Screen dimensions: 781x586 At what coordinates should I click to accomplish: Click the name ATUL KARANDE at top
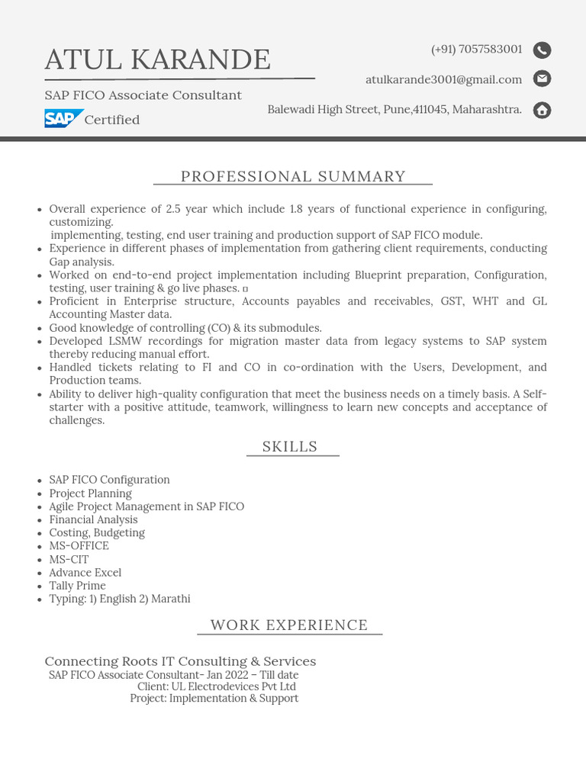(157, 59)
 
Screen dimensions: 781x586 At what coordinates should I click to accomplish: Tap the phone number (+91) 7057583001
(476, 50)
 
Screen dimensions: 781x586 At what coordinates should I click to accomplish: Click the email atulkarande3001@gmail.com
(443, 79)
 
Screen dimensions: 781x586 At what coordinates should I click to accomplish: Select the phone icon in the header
(542, 50)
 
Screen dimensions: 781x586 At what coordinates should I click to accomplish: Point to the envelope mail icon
(542, 79)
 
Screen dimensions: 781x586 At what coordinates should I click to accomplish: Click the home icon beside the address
(542, 110)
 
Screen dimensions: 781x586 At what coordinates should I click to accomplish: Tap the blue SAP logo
(63, 119)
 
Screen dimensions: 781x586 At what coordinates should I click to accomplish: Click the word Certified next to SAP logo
(112, 120)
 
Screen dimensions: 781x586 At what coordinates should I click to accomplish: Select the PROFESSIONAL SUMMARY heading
(293, 176)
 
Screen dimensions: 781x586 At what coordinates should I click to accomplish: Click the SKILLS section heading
(290, 447)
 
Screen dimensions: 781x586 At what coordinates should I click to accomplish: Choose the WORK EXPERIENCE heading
(289, 625)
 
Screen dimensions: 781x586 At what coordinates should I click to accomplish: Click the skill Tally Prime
(78, 586)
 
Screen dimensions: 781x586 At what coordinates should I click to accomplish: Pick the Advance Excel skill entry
(85, 573)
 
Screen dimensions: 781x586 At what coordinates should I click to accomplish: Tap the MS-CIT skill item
(69, 559)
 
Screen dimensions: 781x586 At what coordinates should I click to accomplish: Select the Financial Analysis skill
(93, 519)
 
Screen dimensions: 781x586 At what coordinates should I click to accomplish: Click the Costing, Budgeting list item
(97, 532)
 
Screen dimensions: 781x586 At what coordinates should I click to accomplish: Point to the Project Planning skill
(90, 493)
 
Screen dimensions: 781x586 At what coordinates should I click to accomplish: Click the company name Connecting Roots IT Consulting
(180, 661)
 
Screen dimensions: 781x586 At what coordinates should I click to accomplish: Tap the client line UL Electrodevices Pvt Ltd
(217, 686)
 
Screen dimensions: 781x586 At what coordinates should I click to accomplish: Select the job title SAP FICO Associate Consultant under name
(143, 95)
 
